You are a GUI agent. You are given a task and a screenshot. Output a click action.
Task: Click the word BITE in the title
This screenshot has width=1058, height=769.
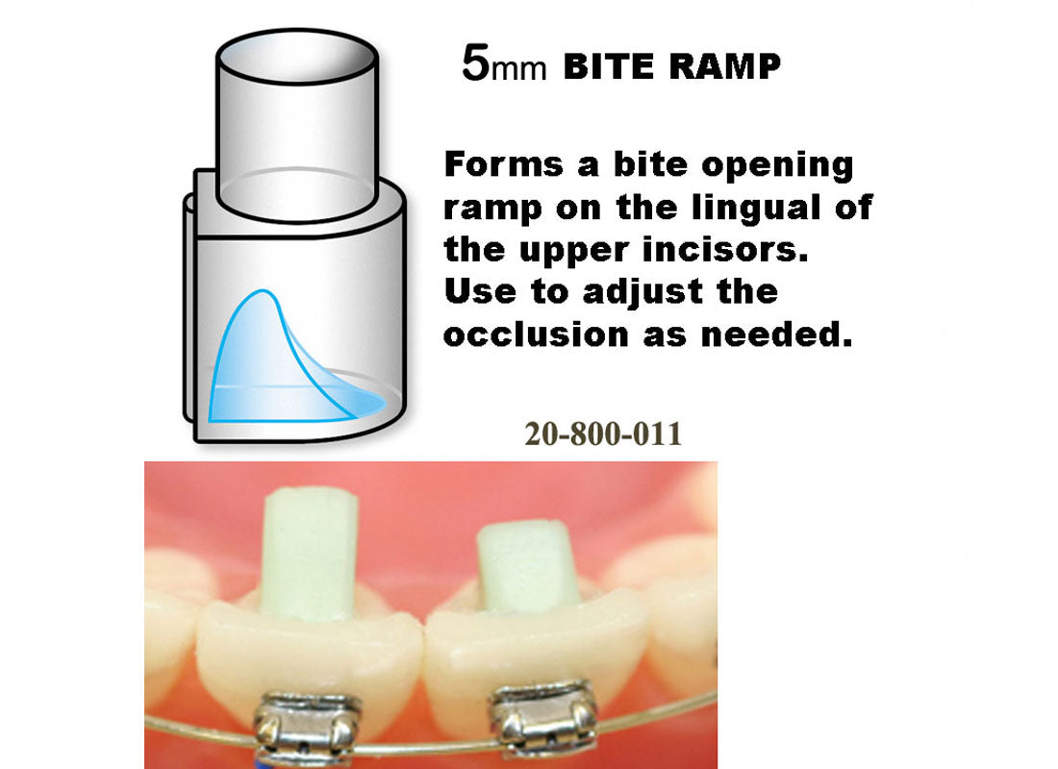pyautogui.click(x=608, y=67)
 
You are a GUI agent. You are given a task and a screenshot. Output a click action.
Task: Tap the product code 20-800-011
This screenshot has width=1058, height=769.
pyautogui.click(x=603, y=434)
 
